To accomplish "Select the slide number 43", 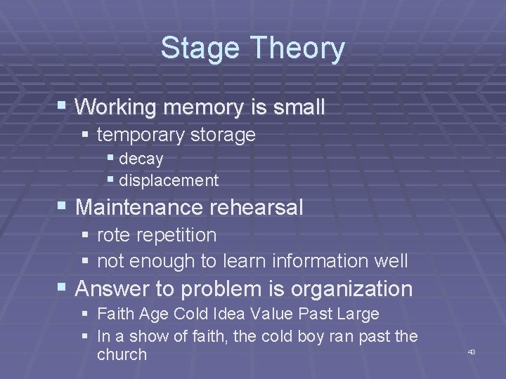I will coord(472,351).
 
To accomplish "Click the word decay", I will coord(141,159).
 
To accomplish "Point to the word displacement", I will coord(169,180).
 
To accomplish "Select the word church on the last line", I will coord(122,354).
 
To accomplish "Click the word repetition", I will coord(176,235).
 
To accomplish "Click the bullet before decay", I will coord(110,159).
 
